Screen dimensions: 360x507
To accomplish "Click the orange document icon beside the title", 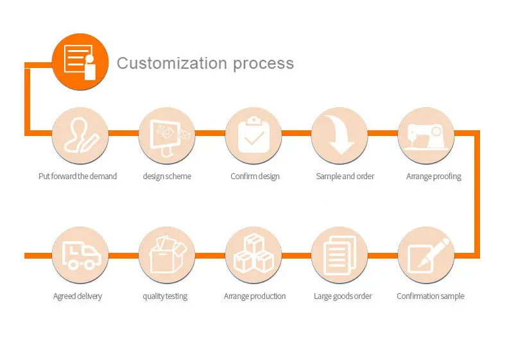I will pyautogui.click(x=79, y=63).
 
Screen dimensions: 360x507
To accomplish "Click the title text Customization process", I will pyautogui.click(x=205, y=64).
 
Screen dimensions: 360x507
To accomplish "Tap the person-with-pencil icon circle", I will pyautogui.click(x=80, y=135).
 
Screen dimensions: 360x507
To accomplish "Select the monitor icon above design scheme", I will pyautogui.click(x=167, y=135).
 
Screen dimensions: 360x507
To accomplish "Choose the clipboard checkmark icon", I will pyautogui.click(x=253, y=135).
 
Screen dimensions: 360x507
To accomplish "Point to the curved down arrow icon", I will pyautogui.click(x=339, y=135).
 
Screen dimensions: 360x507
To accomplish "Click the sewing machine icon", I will pyautogui.click(x=426, y=135).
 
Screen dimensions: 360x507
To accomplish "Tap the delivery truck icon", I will pyautogui.click(x=80, y=255).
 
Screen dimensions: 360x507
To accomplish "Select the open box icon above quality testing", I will pyautogui.click(x=167, y=255).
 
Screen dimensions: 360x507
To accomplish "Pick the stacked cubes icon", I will pyautogui.click(x=253, y=255).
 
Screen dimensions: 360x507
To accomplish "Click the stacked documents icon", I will pyautogui.click(x=339, y=255).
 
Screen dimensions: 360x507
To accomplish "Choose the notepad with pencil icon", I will pyautogui.click(x=426, y=255).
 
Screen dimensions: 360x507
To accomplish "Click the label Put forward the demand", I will pyautogui.click(x=78, y=176).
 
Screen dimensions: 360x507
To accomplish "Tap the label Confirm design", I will pyautogui.click(x=255, y=176).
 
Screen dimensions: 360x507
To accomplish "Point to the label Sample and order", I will pyautogui.click(x=345, y=176).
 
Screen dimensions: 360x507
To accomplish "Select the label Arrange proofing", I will pyautogui.click(x=434, y=176).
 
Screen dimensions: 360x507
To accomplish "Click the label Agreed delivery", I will pyautogui.click(x=78, y=296).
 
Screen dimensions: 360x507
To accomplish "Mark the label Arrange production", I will pyautogui.click(x=255, y=296).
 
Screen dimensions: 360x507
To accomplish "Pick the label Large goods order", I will pyautogui.click(x=343, y=296).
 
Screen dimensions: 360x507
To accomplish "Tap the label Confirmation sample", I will pyautogui.click(x=431, y=296).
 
